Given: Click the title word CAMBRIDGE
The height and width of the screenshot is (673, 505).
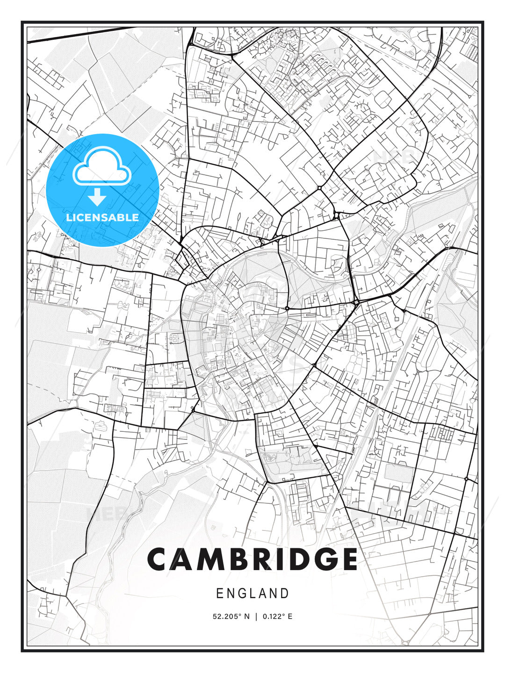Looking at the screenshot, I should (252, 559).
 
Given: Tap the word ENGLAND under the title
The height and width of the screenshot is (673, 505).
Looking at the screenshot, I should (252, 594).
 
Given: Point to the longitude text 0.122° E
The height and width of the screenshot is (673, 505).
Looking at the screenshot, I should (277, 616).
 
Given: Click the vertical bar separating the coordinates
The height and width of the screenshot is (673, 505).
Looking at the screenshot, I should (256, 616).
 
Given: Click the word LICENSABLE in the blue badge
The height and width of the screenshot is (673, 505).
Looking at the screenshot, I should (102, 217).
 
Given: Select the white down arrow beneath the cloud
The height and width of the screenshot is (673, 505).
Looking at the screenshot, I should (97, 197).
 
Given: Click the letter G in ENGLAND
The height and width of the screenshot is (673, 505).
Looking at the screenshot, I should (244, 594).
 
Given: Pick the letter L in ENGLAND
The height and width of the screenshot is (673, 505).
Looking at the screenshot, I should (255, 594).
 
